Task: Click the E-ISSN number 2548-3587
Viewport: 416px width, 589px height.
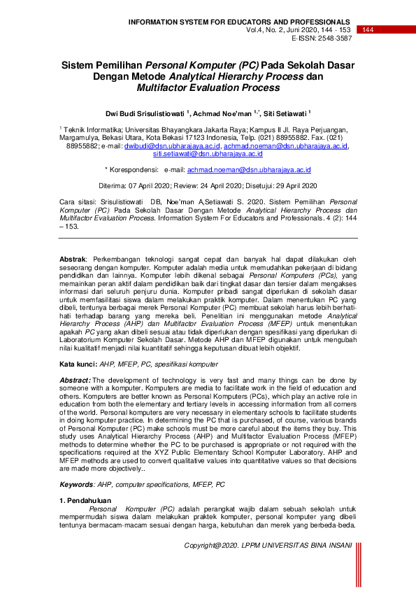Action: point(329,38)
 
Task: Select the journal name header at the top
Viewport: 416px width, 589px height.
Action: point(240,22)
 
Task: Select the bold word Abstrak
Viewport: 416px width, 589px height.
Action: point(72,259)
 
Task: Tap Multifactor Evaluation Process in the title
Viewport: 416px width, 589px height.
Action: point(208,87)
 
